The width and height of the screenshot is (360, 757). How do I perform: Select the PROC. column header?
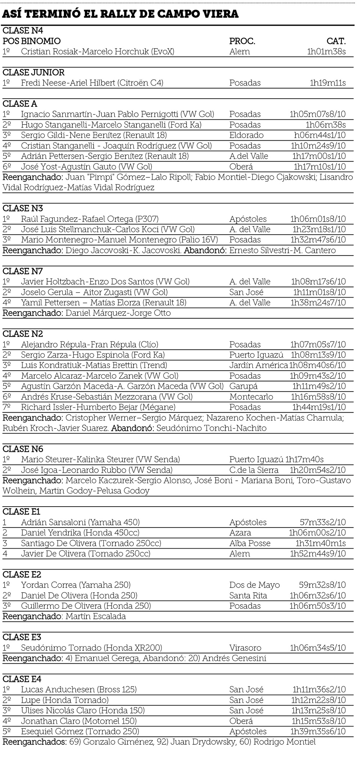tap(242, 41)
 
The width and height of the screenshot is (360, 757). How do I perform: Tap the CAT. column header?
tap(336, 41)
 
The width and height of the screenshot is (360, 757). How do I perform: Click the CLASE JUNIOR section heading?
tap(33, 72)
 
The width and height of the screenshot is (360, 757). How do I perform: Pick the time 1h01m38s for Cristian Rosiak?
tap(326, 51)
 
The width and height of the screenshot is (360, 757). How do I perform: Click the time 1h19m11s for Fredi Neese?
tap(328, 83)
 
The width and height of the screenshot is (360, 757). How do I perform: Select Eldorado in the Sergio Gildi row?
tap(246, 135)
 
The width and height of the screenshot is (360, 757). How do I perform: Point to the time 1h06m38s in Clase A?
tap(325, 125)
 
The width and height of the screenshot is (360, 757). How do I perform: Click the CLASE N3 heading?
tap(23, 208)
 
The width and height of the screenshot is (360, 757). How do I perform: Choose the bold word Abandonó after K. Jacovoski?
tap(205, 250)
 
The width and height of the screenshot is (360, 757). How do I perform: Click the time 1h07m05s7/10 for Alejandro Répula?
tap(318, 344)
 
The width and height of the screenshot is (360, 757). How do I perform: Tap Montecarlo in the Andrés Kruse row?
tap(251, 397)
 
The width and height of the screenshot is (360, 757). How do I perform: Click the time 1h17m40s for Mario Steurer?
tap(304, 459)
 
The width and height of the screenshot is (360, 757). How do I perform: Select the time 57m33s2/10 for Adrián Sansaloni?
tap(323, 522)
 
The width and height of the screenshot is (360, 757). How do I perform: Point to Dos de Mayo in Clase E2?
tap(254, 585)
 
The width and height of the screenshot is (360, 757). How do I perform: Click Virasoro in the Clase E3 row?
tap(245, 648)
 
